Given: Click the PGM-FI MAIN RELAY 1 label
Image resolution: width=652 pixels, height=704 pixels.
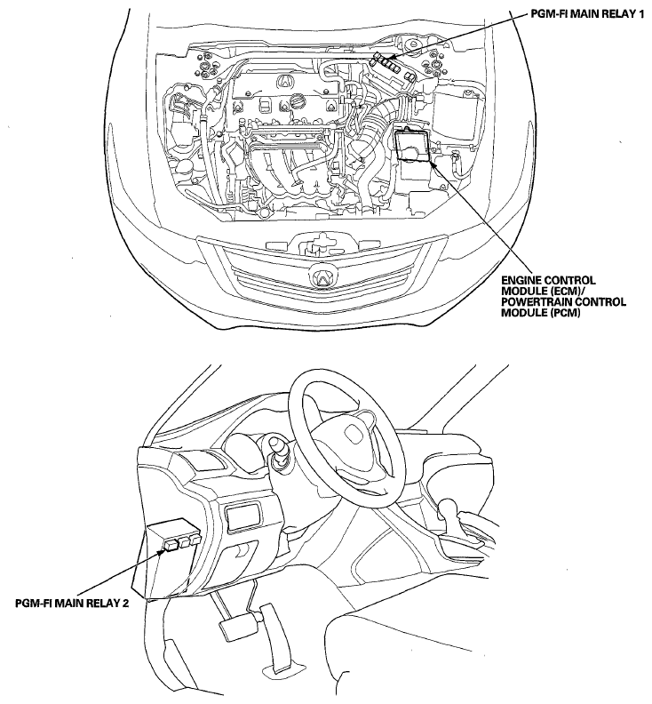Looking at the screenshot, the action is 587,14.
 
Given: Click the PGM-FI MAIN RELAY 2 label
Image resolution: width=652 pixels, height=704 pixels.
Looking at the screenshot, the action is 72,603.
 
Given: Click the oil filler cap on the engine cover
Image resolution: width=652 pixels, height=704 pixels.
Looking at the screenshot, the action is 296,101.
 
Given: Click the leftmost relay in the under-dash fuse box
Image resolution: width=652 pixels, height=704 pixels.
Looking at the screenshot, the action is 171,545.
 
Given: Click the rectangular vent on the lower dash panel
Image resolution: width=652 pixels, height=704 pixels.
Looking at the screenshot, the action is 243,517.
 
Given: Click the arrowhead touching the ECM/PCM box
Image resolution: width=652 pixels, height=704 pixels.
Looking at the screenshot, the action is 433,164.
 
